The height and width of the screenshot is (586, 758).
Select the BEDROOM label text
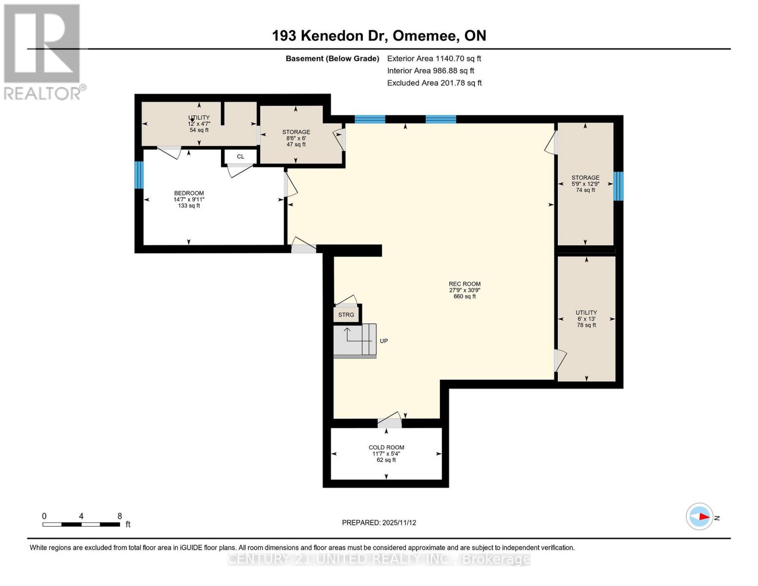coord(189,193)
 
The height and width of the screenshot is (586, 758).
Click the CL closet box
coord(240,157)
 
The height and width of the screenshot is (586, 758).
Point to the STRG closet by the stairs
coord(346,314)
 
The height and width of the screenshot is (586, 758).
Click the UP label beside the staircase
coord(384,341)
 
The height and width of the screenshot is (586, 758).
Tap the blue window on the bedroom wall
coord(139,175)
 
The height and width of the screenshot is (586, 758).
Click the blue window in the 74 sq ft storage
coord(618,186)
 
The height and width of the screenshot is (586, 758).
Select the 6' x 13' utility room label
coord(586,318)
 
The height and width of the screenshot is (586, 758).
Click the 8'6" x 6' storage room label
coord(296,138)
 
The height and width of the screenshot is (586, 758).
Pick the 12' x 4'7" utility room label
coord(199,124)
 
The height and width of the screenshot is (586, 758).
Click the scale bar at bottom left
coord(81,524)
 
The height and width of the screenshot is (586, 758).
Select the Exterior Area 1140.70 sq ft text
coord(434,59)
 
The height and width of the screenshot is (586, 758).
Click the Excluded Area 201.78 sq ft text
coord(434,83)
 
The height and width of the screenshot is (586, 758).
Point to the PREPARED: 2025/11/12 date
coord(379,523)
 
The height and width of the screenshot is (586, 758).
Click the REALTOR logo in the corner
coord(42,52)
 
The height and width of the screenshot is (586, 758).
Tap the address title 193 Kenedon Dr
coord(379,36)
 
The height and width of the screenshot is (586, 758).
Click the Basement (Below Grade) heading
coord(332,59)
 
